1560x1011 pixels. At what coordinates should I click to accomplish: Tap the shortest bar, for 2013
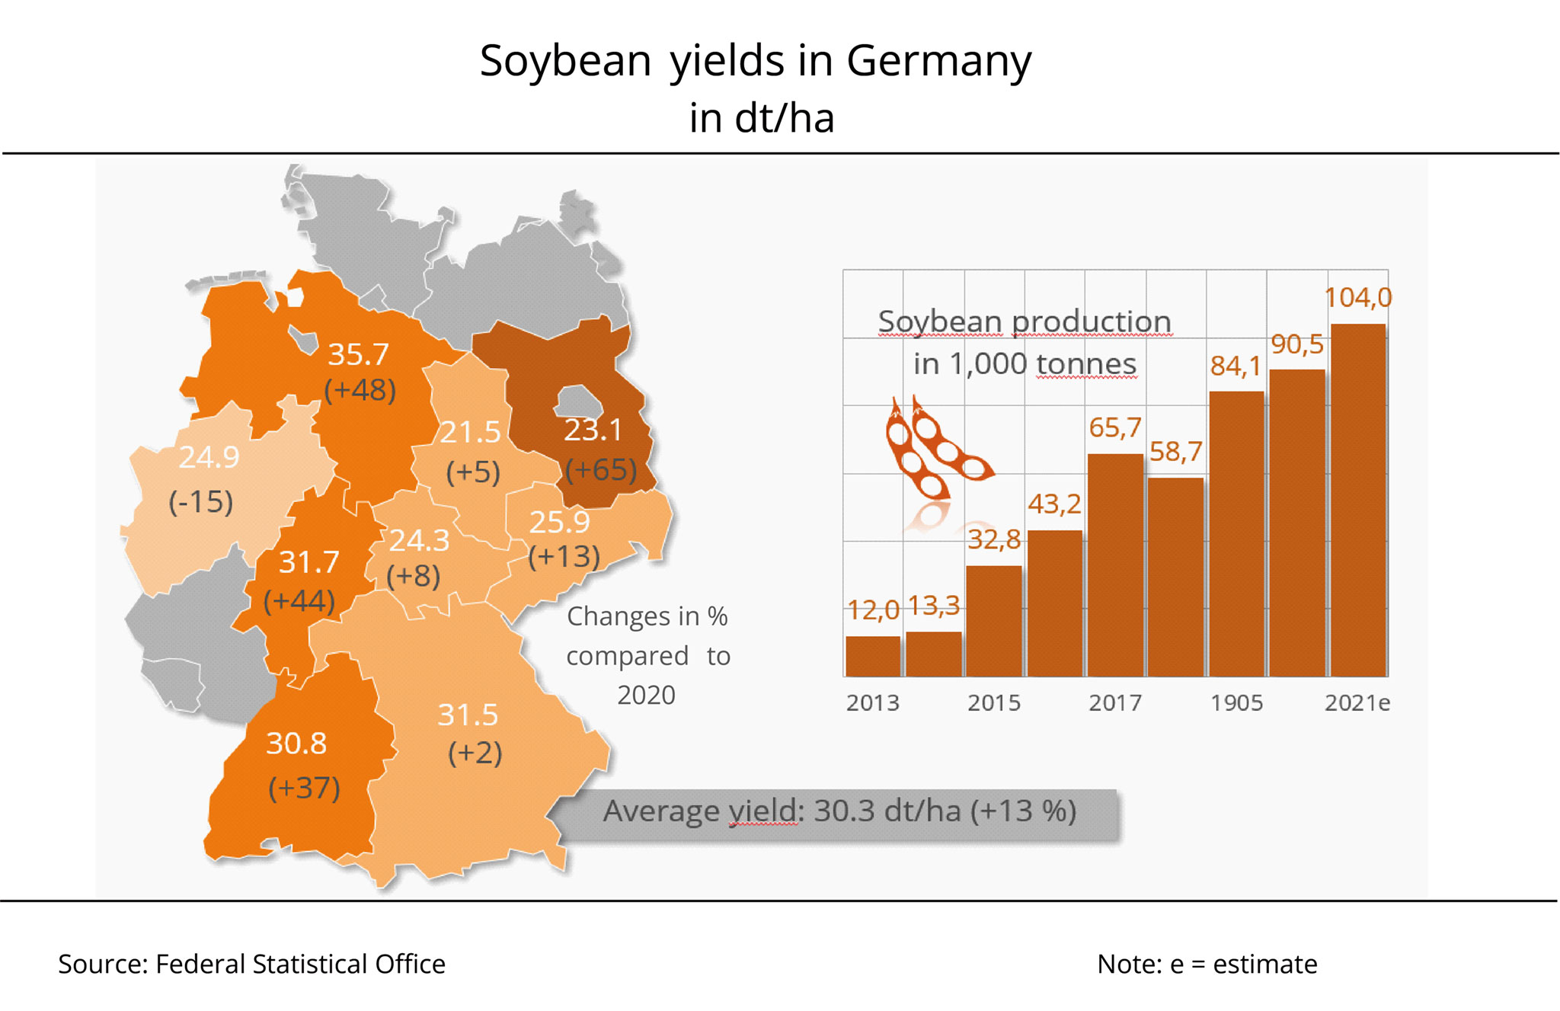coord(873,656)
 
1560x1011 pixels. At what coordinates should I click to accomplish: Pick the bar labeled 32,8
coord(994,620)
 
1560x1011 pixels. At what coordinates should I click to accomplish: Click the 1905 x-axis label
coord(1236,702)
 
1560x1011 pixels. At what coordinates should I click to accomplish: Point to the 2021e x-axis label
coord(1357,702)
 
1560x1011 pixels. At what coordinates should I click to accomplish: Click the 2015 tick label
coord(994,702)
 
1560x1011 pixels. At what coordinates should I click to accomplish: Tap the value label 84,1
coord(1236,366)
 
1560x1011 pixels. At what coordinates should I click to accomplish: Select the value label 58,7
coord(1175,452)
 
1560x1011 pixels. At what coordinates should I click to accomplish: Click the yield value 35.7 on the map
coord(358,354)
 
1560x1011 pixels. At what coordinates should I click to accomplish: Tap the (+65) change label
coord(600,469)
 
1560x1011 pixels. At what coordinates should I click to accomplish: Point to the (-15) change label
coord(200,502)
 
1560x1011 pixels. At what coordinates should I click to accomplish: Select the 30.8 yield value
coord(296,744)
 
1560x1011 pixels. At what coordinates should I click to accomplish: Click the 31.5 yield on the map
coord(468,715)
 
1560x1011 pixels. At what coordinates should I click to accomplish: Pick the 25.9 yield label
coord(559,523)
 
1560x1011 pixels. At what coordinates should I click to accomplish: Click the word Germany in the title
coord(938,61)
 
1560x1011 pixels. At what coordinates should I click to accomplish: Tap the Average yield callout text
coord(839,811)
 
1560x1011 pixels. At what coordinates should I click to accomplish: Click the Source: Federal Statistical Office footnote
coord(251,965)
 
